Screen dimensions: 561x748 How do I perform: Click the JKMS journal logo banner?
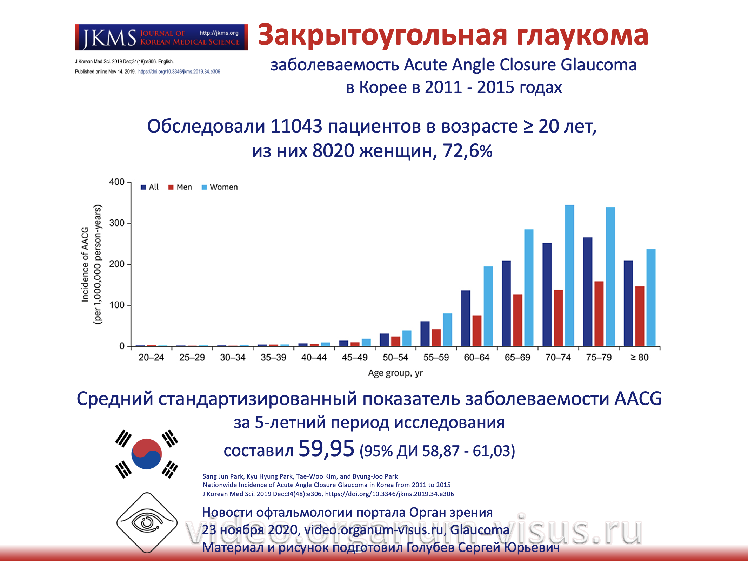(x=161, y=37)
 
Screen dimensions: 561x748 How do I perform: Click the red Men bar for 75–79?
(x=599, y=313)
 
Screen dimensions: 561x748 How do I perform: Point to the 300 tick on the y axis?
(x=117, y=223)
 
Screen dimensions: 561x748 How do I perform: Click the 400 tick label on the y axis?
(x=117, y=182)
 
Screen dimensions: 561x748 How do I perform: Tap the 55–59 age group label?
(x=436, y=358)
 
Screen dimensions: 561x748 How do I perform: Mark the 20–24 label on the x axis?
(x=151, y=358)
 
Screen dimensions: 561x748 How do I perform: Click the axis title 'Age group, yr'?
(x=395, y=373)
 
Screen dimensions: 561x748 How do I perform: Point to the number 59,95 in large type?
(x=326, y=448)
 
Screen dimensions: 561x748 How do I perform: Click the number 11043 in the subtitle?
(x=296, y=126)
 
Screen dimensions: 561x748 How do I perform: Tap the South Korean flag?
(x=147, y=454)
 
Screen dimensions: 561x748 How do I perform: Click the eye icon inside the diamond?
(x=147, y=523)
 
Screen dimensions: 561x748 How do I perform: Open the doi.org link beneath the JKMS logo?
(x=179, y=72)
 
